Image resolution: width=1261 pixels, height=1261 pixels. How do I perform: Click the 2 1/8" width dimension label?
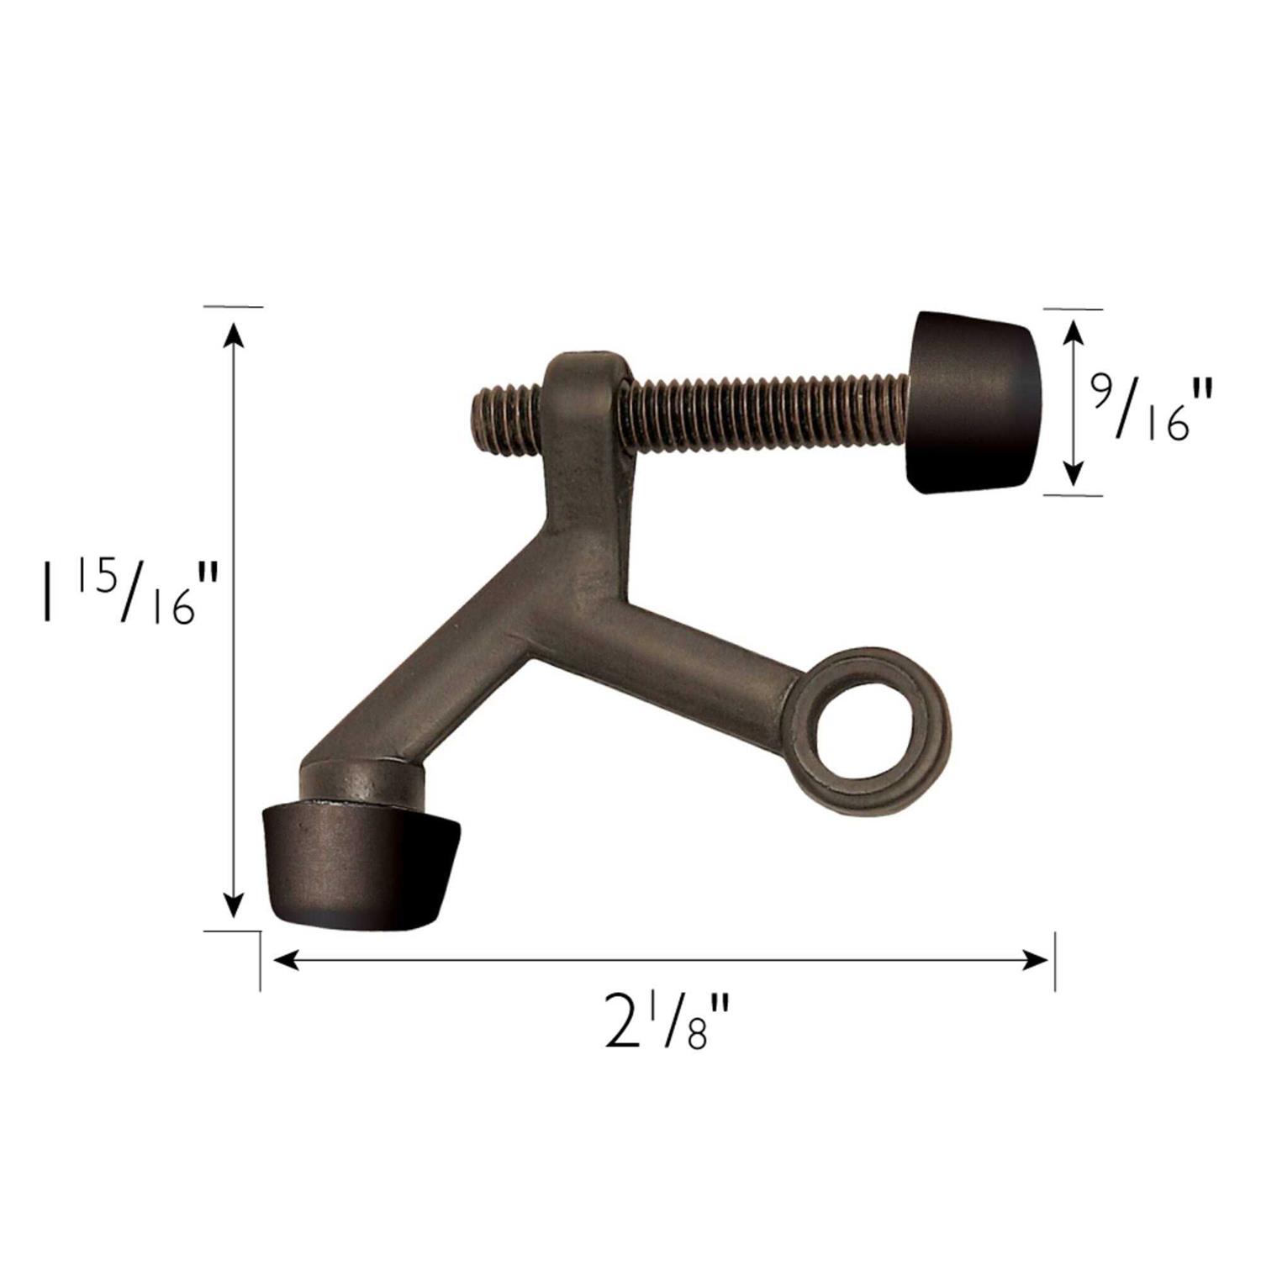pos(664,1022)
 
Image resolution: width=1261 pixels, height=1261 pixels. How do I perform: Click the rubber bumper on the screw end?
pos(974,402)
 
